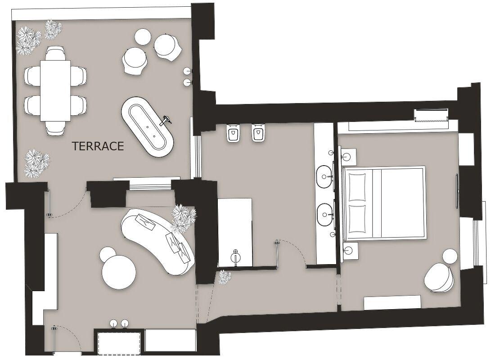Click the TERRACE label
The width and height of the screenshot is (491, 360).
click(x=98, y=146)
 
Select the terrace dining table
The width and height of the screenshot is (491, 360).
click(x=55, y=90)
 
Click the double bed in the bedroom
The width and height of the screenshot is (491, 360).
click(x=383, y=202)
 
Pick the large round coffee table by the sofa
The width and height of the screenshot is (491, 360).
click(x=119, y=272)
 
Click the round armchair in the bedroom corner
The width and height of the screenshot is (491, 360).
click(x=439, y=277)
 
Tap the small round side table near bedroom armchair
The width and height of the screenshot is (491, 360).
click(x=450, y=256)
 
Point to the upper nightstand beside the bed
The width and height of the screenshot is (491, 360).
click(x=347, y=156)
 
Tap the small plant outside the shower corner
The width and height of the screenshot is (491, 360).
click(x=224, y=277)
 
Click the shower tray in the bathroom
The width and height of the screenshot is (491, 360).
click(x=235, y=232)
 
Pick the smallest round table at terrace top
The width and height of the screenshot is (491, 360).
click(x=143, y=36)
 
